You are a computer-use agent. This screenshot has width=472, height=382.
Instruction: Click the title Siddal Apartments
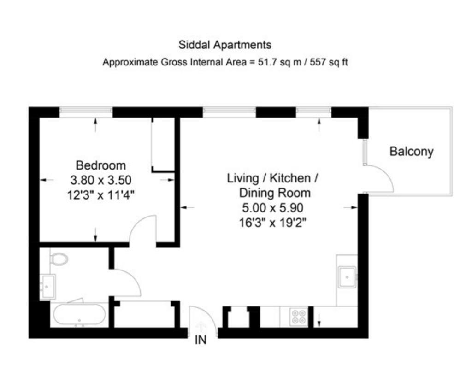pos(225,45)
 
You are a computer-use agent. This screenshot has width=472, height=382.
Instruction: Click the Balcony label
pos(412,151)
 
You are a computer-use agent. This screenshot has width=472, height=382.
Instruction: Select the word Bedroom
pos(101,165)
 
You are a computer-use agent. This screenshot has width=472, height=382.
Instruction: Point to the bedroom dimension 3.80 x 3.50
pos(101,180)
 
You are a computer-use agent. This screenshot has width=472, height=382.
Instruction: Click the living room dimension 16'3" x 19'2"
pos(273,223)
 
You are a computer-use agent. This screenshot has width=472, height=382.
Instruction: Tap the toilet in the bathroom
pos(59,259)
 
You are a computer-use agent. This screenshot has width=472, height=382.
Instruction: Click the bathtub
pos(79,315)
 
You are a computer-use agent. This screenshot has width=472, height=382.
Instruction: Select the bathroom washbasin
pos(47,287)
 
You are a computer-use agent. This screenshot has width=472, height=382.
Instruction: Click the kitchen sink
pos(347,277)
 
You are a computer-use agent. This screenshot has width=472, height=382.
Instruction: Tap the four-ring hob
pos(299,317)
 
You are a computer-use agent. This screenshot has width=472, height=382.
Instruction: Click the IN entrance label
pos(201,340)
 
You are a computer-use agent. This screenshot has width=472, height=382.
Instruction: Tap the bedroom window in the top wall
pos(86,112)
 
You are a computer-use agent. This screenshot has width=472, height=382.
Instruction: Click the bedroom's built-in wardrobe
pos(163,145)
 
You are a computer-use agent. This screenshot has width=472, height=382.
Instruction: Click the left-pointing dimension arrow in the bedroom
pos(47,180)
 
